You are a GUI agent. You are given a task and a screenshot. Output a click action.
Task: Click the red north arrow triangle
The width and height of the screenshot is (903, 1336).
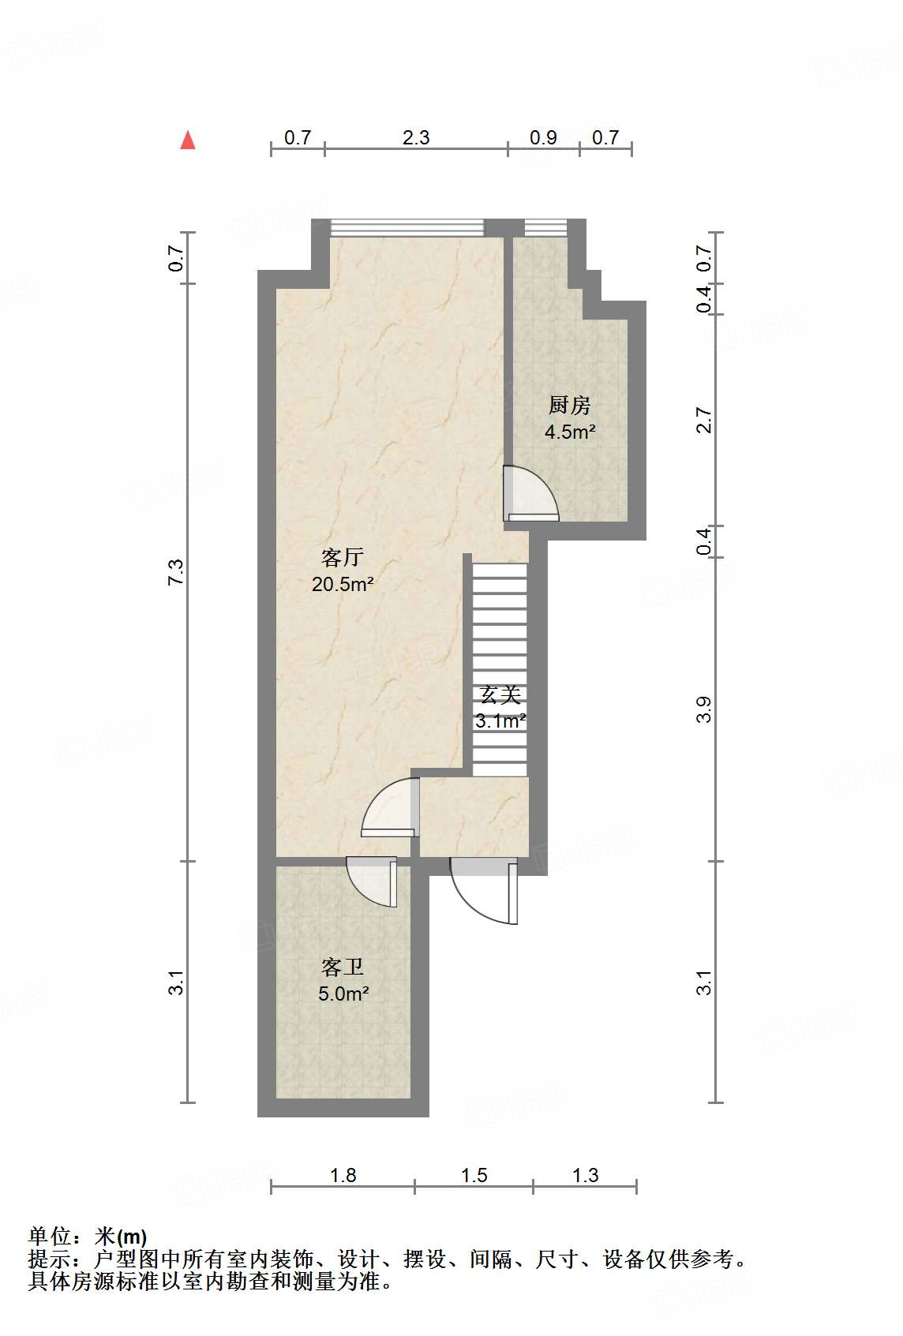tap(188, 140)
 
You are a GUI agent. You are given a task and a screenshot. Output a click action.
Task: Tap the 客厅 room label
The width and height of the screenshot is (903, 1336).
tap(343, 557)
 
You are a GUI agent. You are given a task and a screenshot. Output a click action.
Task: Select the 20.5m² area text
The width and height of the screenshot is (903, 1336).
tap(343, 585)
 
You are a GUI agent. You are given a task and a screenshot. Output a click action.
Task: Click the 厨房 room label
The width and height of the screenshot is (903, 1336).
tap(570, 406)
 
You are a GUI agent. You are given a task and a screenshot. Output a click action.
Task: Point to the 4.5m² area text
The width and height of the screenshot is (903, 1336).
tap(570, 432)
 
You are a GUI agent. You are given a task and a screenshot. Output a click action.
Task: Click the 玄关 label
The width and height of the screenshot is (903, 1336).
tap(500, 695)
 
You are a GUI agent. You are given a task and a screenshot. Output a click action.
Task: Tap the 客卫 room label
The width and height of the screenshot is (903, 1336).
tap(343, 967)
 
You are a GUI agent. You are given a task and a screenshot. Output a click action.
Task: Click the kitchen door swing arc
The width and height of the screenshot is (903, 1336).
tap(534, 493)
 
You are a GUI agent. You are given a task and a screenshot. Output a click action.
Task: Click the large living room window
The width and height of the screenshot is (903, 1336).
tap(406, 228)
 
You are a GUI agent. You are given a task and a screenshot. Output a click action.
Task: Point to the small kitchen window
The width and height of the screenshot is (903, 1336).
tap(546, 228)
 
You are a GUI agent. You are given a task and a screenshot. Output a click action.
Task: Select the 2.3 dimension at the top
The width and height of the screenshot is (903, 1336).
tap(416, 138)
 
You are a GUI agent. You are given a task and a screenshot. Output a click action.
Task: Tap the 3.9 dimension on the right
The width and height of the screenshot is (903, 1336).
tap(704, 709)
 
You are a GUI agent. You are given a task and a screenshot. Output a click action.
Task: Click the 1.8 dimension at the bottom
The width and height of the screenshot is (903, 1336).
tap(343, 1176)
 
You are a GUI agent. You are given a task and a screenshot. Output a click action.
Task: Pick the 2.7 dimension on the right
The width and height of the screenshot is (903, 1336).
tap(704, 420)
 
